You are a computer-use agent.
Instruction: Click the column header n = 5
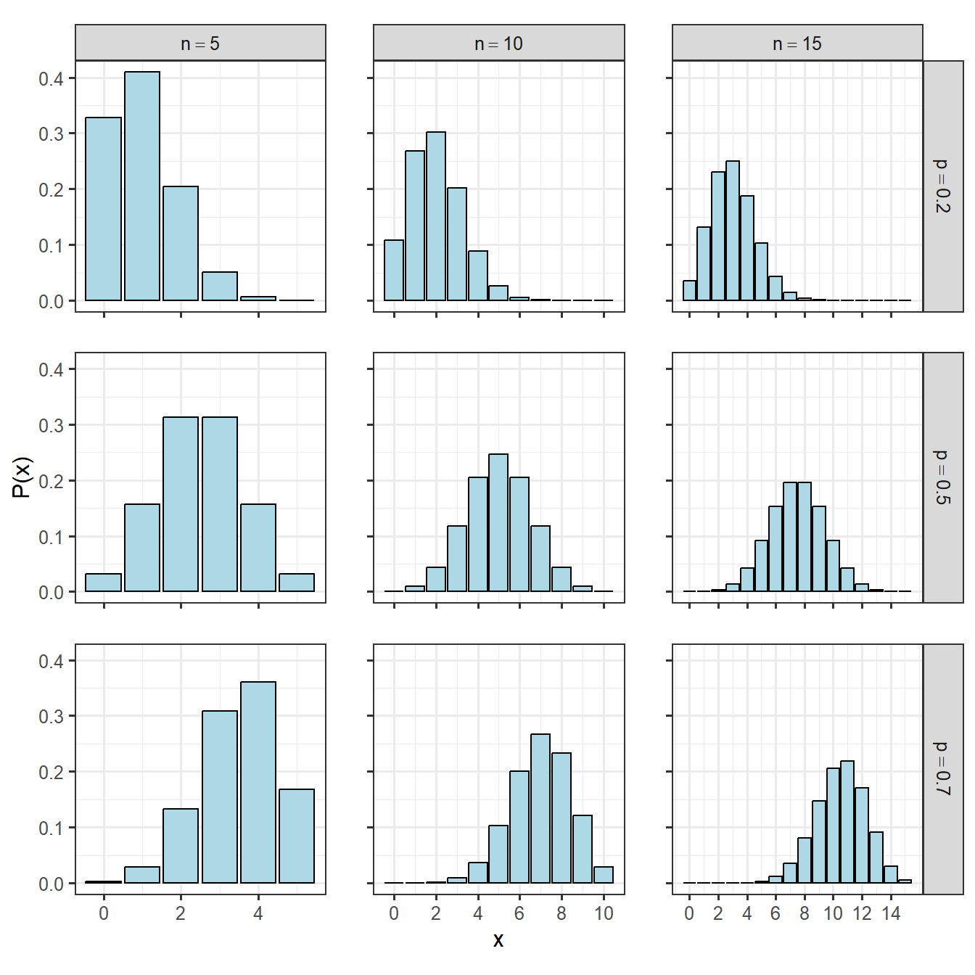click(x=200, y=44)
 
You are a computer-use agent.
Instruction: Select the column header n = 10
click(x=498, y=44)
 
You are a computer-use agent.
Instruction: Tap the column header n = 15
click(x=797, y=44)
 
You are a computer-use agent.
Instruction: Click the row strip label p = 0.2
click(x=942, y=186)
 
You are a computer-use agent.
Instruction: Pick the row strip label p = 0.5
click(x=942, y=477)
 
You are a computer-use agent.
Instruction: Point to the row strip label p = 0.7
click(x=942, y=769)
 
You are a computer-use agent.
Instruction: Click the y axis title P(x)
click(x=22, y=477)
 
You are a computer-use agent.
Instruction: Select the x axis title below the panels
click(x=498, y=941)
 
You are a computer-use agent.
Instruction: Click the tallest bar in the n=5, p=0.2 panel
click(x=142, y=186)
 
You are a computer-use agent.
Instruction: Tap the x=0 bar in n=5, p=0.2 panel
click(x=103, y=209)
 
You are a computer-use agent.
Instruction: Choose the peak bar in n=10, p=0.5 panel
click(x=498, y=522)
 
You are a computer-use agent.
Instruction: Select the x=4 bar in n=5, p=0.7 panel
click(x=258, y=782)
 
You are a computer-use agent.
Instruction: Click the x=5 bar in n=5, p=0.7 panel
click(x=297, y=836)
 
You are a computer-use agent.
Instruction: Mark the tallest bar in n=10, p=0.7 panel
click(x=540, y=808)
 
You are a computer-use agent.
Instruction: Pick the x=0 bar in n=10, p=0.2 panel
click(x=394, y=270)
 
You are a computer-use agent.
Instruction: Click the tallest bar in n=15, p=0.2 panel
click(x=733, y=231)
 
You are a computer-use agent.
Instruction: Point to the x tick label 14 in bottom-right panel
click(x=891, y=913)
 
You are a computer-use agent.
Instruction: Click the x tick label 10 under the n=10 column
click(x=604, y=913)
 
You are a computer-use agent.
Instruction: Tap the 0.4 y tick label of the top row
click(x=51, y=78)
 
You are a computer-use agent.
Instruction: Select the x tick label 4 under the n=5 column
click(x=258, y=913)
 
